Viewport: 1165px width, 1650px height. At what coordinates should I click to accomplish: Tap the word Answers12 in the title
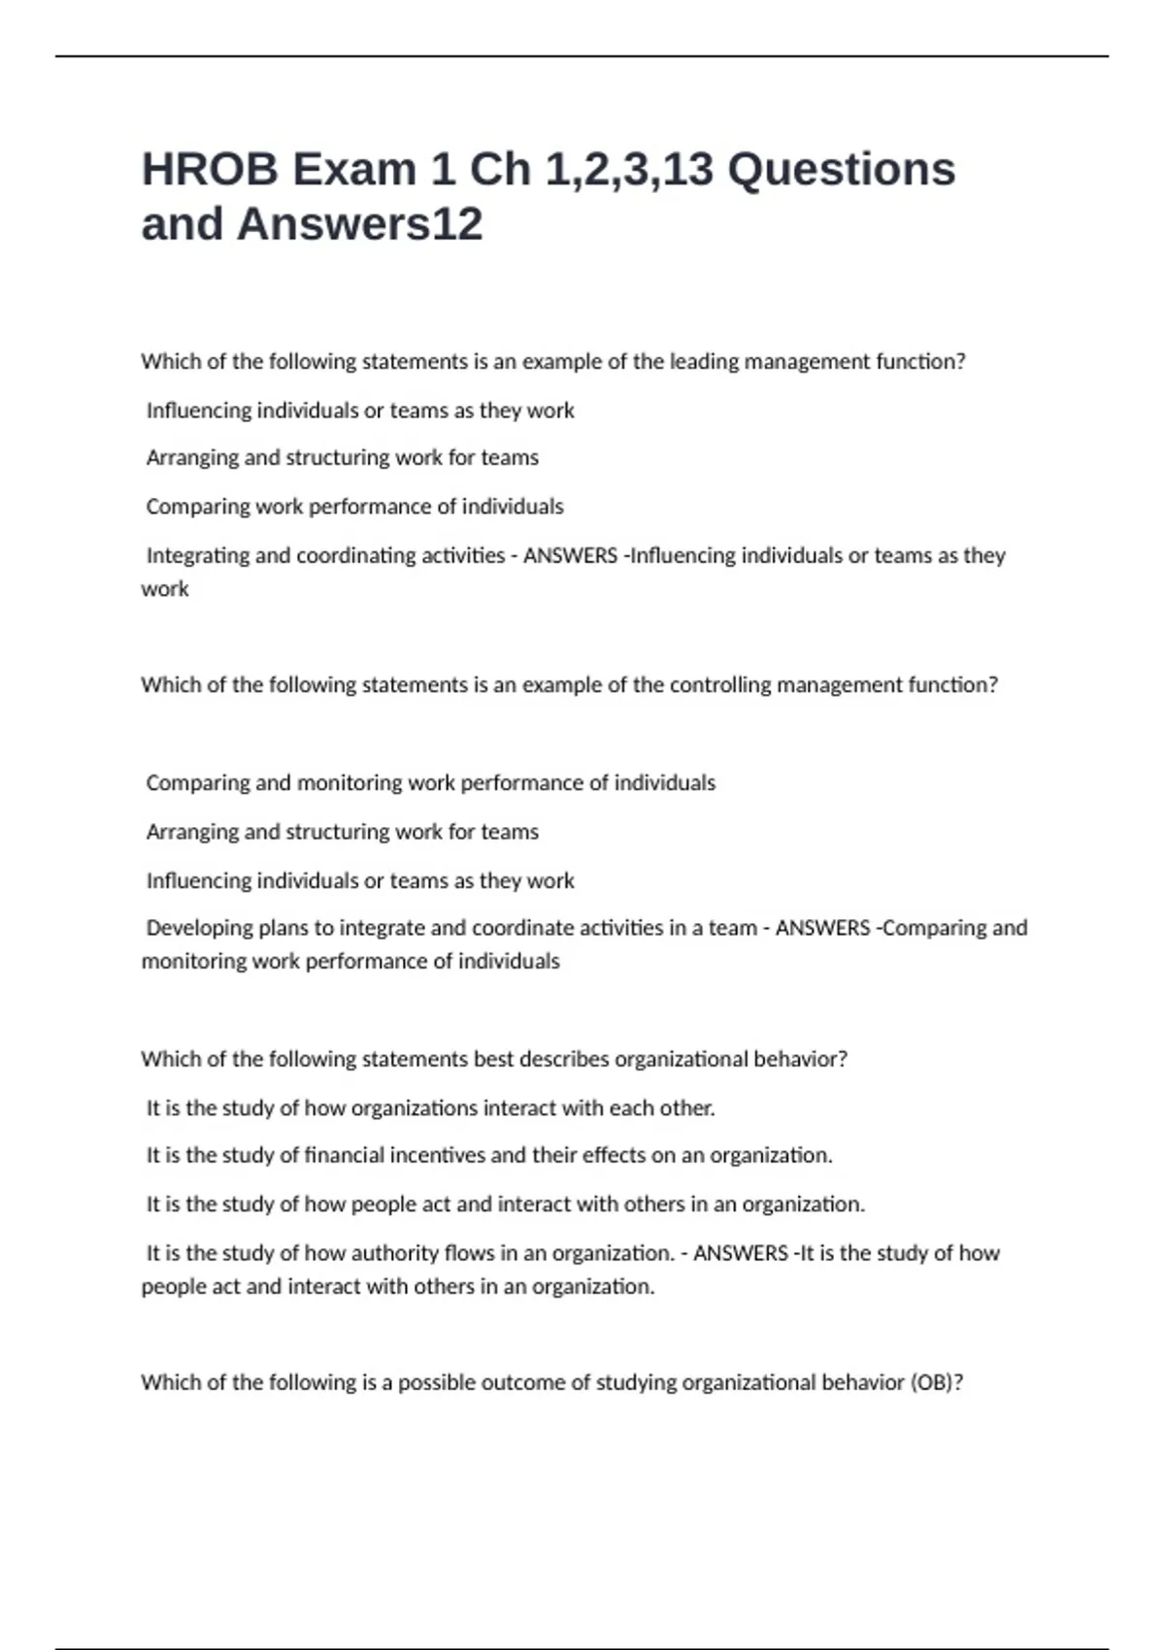click(x=360, y=224)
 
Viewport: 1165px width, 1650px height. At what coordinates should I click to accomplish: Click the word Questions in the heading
click(x=842, y=170)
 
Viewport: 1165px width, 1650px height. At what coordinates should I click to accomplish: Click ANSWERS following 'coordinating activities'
click(x=570, y=555)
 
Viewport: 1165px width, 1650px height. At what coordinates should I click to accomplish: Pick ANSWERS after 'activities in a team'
click(x=822, y=928)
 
